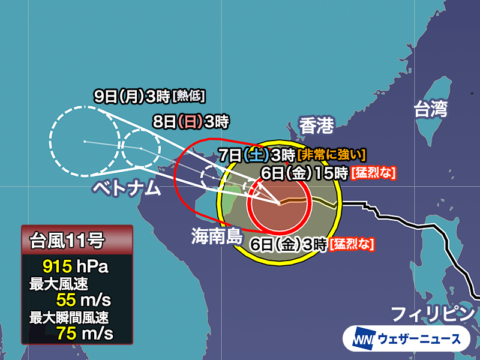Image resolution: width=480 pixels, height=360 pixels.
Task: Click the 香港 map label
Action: [x=316, y=126]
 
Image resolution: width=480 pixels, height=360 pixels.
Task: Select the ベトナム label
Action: [x=127, y=188]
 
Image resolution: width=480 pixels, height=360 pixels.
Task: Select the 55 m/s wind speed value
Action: [x=85, y=298]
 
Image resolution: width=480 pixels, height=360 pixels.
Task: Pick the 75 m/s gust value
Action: [x=85, y=331]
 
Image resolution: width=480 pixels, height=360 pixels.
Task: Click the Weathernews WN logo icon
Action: [x=359, y=338]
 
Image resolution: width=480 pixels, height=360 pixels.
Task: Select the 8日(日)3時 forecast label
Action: [x=191, y=122]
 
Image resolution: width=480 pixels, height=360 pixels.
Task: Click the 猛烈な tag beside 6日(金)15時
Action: [x=375, y=173]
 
